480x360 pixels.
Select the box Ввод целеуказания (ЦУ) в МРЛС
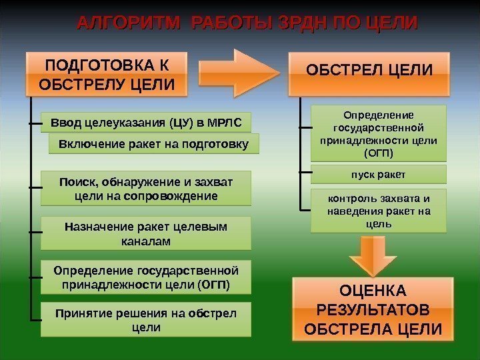coord(146,122)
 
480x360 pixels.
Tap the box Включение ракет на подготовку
coord(154,143)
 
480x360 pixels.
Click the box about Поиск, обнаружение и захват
coord(146,188)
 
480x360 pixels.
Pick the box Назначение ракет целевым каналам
coord(146,233)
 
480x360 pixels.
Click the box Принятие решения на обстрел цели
coord(146,319)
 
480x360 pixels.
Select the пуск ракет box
coord(379,175)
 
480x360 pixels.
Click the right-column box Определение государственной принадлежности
coord(379,133)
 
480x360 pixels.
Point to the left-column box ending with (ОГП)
coord(146,277)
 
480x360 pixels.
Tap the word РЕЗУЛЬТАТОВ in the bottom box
coord(372,310)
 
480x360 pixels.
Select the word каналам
coord(146,241)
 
